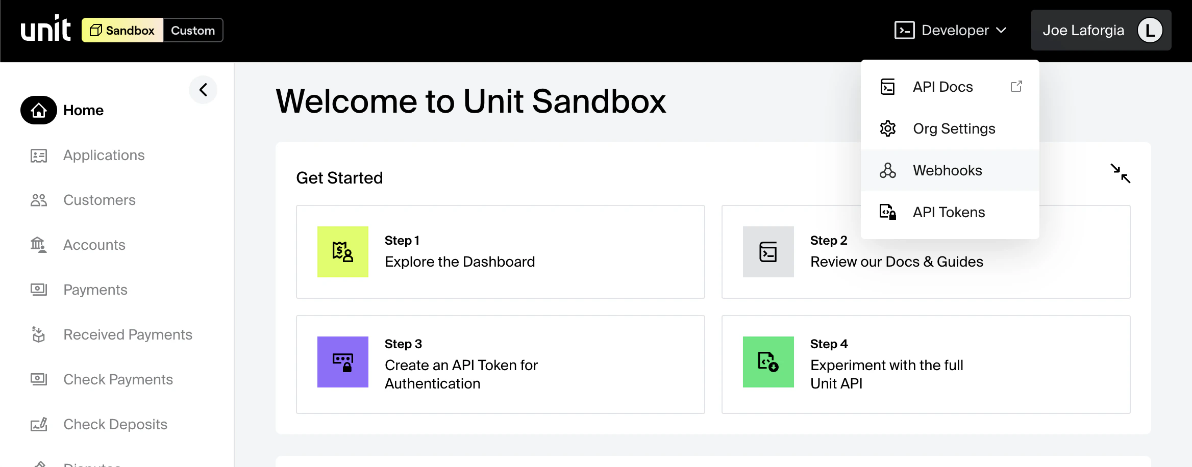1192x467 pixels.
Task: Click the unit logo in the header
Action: [x=45, y=29]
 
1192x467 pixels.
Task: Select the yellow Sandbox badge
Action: [x=122, y=31]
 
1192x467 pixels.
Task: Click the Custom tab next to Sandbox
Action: [x=193, y=31]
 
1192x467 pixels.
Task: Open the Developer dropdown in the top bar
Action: [x=951, y=31]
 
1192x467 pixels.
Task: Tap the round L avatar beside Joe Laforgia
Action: [x=1150, y=31]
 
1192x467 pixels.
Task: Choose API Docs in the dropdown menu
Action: [x=942, y=87]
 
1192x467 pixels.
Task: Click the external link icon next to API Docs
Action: [x=1016, y=87]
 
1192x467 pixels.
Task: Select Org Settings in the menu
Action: [x=954, y=129]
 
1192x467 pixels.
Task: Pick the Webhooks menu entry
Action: [x=947, y=171]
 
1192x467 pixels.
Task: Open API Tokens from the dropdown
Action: [x=949, y=213]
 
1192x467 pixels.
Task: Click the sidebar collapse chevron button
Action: [x=203, y=90]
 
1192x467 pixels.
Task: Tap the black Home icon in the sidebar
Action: [x=39, y=110]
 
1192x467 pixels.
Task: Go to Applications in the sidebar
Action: [x=104, y=155]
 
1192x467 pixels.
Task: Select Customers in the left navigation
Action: [x=99, y=200]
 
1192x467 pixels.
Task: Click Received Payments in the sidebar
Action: [x=128, y=335]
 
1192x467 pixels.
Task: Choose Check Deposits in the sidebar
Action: [x=115, y=425]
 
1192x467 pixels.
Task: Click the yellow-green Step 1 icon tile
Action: [x=343, y=252]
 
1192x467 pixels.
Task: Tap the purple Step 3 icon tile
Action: [x=343, y=362]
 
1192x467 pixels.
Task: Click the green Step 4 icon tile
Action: [x=768, y=362]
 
